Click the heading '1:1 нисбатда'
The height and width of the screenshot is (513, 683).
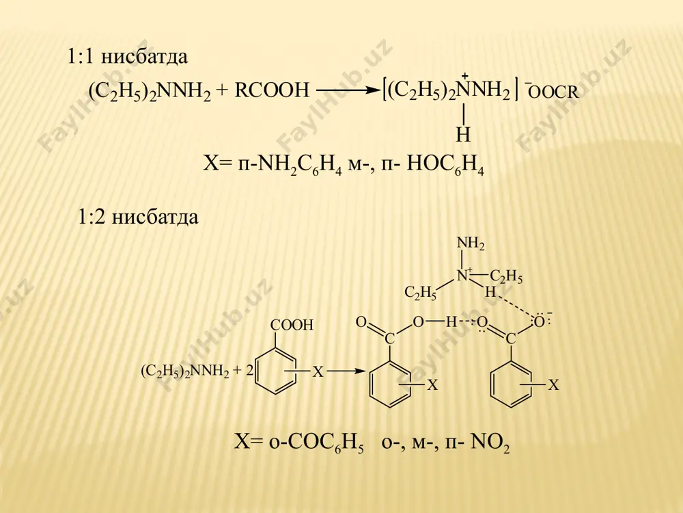pyautogui.click(x=128, y=57)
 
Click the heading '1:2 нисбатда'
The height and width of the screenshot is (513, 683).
pyautogui.click(x=138, y=217)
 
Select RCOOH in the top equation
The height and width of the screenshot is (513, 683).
pyautogui.click(x=272, y=91)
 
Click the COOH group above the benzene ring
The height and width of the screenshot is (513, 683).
pyautogui.click(x=292, y=325)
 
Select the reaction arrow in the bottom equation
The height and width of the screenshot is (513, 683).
pyautogui.click(x=346, y=371)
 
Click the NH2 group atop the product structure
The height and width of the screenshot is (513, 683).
pyautogui.click(x=471, y=244)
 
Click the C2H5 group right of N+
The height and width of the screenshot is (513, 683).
pyautogui.click(x=505, y=277)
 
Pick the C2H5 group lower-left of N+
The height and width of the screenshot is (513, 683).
pyautogui.click(x=420, y=293)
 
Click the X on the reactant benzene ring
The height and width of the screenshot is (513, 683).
pyautogui.click(x=319, y=372)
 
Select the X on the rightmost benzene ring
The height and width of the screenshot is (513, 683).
pyautogui.click(x=553, y=385)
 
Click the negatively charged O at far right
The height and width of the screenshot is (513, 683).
pyautogui.click(x=540, y=321)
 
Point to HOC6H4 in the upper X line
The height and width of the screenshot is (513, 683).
pyautogui.click(x=445, y=167)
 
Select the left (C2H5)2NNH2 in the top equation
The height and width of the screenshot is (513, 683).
pyautogui.click(x=150, y=92)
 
